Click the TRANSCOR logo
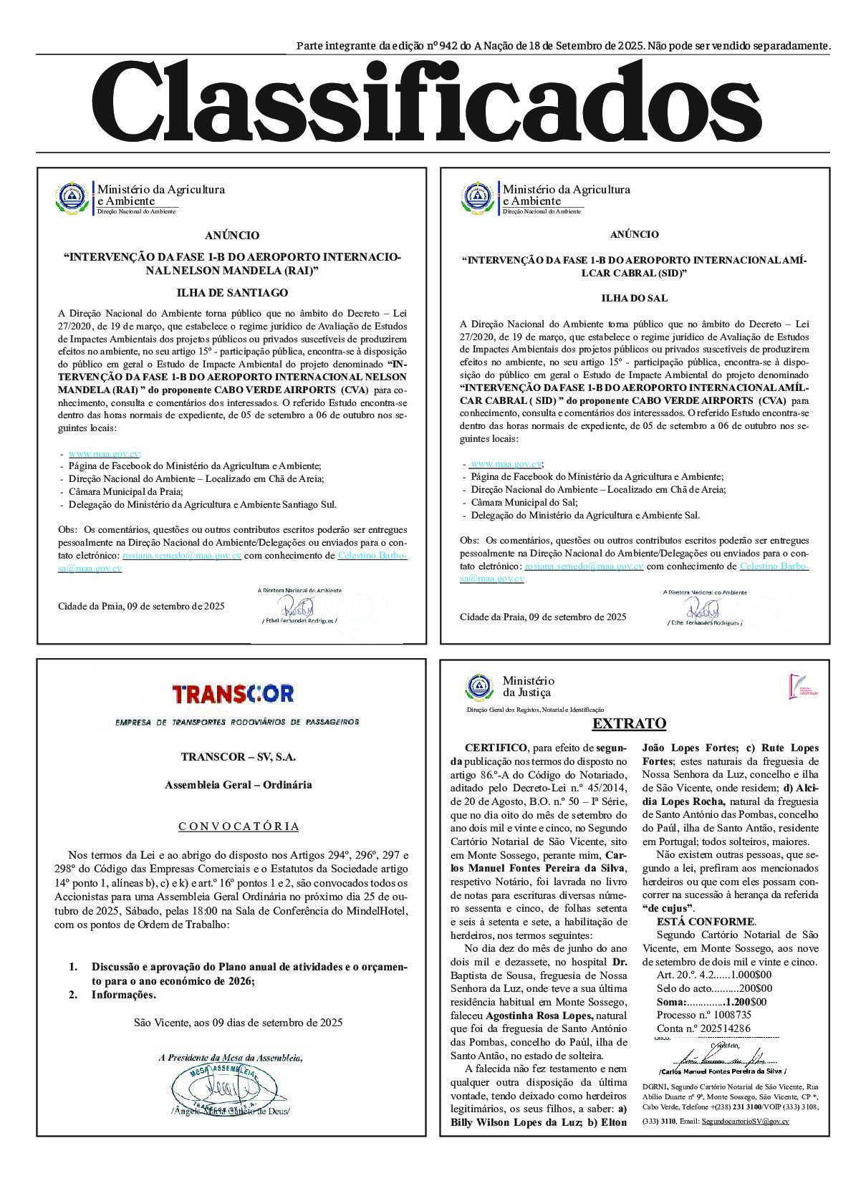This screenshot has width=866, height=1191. (233, 693)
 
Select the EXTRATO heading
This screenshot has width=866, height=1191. (629, 723)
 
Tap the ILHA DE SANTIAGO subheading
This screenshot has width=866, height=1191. (232, 292)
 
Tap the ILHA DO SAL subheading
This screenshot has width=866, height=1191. (634, 298)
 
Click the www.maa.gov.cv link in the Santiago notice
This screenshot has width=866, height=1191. (103, 454)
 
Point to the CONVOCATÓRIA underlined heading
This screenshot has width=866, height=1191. (239, 826)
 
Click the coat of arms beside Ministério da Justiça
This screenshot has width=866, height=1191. (476, 688)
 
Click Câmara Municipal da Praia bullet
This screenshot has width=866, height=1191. (125, 491)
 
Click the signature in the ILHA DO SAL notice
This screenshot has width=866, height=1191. (703, 609)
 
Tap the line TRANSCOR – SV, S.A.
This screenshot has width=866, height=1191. (238, 756)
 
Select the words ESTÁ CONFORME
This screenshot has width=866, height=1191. (705, 921)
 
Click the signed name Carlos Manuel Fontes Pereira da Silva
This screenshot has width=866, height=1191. (721, 1071)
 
